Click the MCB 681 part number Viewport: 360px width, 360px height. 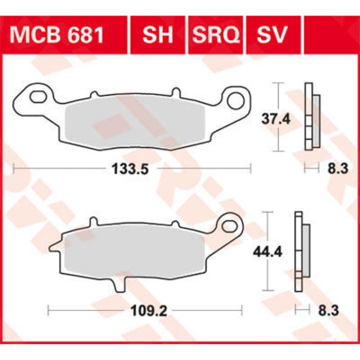[x=56, y=35]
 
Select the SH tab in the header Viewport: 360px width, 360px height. [x=157, y=35]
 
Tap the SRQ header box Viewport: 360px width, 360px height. [x=215, y=35]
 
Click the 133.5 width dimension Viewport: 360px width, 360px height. [x=130, y=169]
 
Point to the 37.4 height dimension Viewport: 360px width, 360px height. [x=276, y=119]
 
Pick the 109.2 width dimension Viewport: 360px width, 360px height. [x=148, y=311]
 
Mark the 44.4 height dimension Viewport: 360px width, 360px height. [x=267, y=252]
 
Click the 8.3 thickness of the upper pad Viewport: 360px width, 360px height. [x=337, y=169]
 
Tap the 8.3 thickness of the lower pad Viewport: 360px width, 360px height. [x=328, y=311]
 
